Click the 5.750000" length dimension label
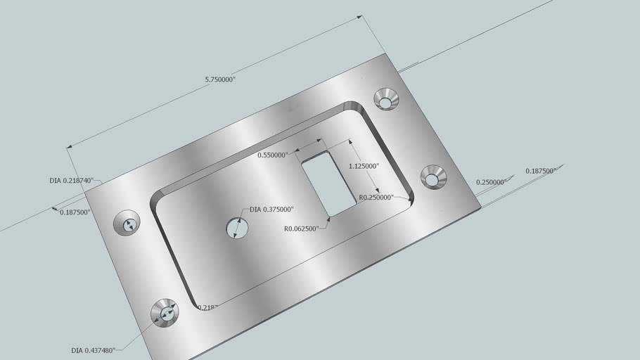220,80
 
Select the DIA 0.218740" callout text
71,181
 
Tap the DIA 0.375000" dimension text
271,210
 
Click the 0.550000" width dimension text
272,155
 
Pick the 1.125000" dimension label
364,167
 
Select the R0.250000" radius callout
376,198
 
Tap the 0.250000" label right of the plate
491,182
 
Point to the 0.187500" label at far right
540,171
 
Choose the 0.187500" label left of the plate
75,212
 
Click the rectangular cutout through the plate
328,183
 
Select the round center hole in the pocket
236,228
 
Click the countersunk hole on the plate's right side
433,177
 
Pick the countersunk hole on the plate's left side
128,224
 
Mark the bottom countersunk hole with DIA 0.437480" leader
167,313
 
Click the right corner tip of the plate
480,207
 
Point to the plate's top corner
385,53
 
